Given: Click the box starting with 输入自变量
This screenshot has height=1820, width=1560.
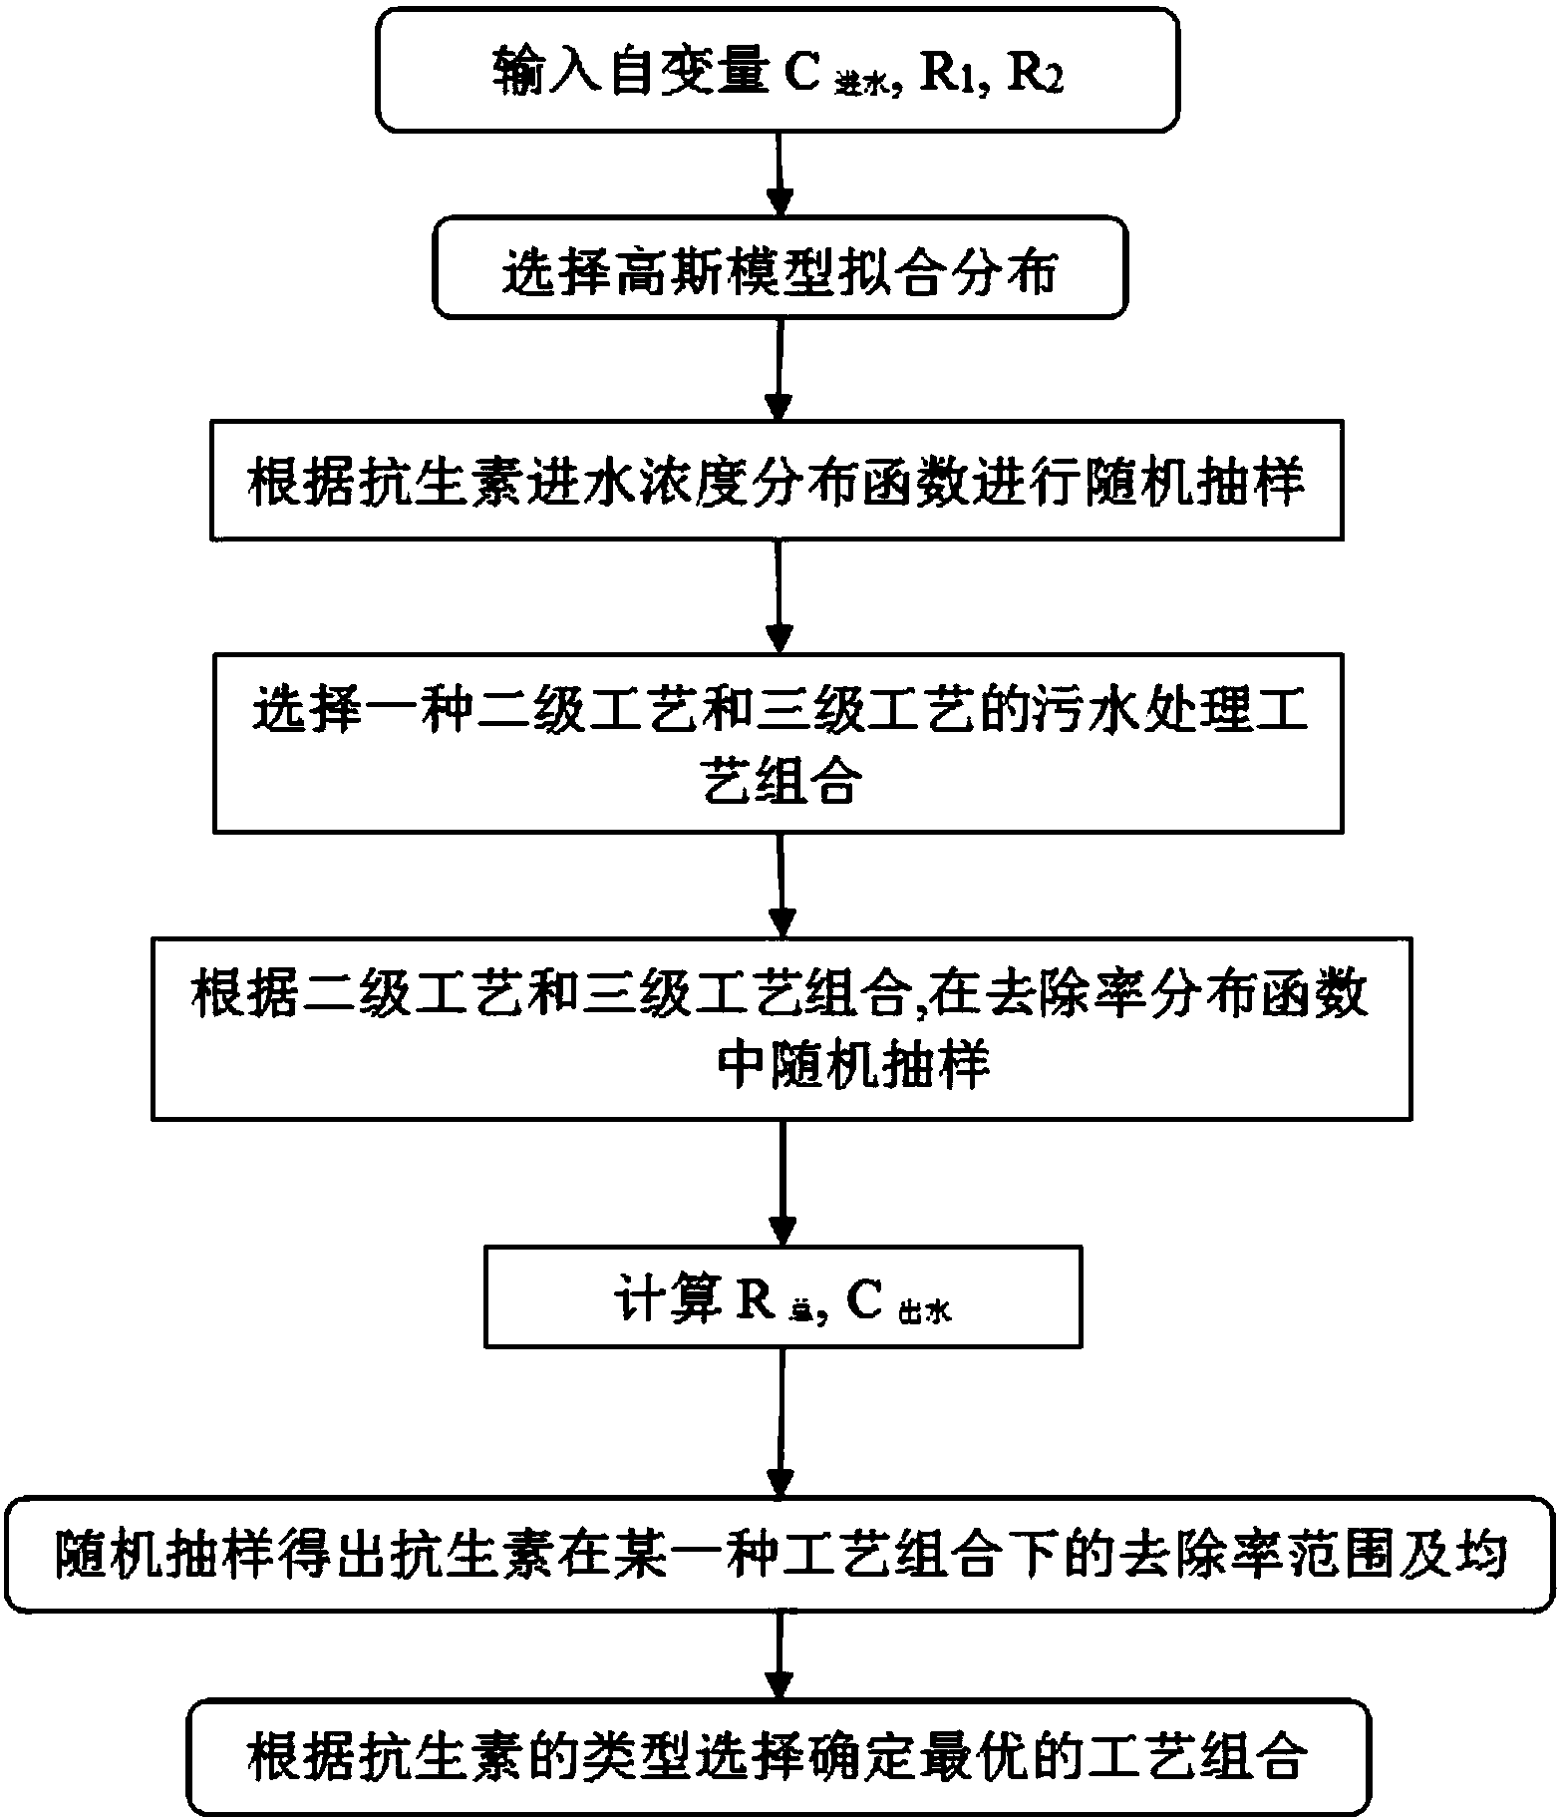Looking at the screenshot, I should pyautogui.click(x=777, y=70).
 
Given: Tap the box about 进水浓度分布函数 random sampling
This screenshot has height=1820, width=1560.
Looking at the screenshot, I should pyautogui.click(x=777, y=483).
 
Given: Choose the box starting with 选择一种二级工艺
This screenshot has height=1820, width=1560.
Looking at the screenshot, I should pyautogui.click(x=777, y=742).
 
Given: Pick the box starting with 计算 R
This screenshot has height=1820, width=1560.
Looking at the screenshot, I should pyautogui.click(x=782, y=1297).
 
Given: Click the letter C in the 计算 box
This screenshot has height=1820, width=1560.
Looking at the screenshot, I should pyautogui.click(x=863, y=1299).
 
